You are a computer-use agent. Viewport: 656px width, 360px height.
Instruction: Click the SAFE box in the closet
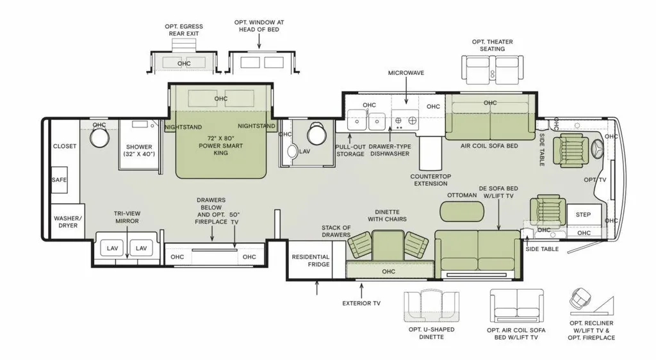click(x=59, y=180)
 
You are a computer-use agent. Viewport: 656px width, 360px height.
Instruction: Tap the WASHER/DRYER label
click(x=68, y=222)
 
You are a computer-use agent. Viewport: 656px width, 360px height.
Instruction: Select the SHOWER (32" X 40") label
click(x=139, y=151)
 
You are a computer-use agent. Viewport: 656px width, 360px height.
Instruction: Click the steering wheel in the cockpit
click(x=597, y=149)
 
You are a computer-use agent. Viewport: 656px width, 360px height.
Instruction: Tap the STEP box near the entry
click(x=584, y=215)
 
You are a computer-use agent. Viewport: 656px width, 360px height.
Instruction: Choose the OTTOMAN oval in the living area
click(x=462, y=211)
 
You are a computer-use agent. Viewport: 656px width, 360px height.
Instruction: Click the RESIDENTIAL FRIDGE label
click(x=311, y=261)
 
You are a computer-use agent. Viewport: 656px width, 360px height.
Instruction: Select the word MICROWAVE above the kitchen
click(x=406, y=73)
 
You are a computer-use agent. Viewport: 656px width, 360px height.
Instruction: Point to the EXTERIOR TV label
click(x=361, y=303)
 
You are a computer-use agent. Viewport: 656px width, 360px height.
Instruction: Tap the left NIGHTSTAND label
click(x=183, y=127)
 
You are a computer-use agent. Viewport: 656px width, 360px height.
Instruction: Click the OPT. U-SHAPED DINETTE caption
click(x=431, y=333)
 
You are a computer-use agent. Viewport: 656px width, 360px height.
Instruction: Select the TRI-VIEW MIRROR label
click(x=127, y=217)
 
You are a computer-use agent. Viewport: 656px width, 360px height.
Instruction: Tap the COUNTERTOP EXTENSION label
click(x=430, y=180)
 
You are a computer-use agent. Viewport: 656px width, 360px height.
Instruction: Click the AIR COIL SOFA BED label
click(x=489, y=146)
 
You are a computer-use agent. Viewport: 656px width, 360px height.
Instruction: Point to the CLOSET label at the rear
click(x=65, y=146)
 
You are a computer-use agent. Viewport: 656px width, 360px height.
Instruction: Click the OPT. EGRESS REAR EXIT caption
click(x=184, y=29)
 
